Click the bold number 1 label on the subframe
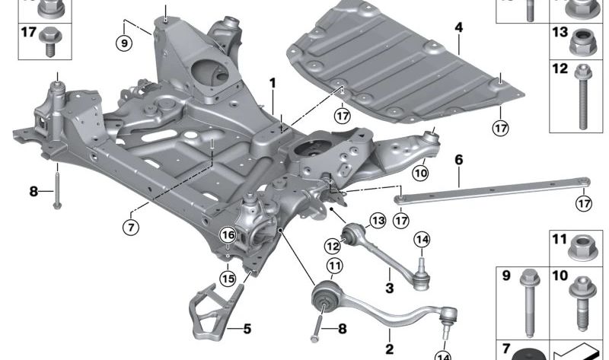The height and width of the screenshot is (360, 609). (x=271, y=81)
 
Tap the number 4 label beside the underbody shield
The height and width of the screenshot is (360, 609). (x=458, y=27)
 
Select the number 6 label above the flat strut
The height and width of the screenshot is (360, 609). (x=458, y=161)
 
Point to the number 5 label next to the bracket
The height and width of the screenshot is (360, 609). (x=246, y=330)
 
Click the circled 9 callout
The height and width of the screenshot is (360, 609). (x=123, y=43)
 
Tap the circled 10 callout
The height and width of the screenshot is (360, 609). (x=420, y=174)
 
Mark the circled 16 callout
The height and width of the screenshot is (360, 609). (x=227, y=237)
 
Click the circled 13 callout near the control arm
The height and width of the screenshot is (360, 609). (x=378, y=221)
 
